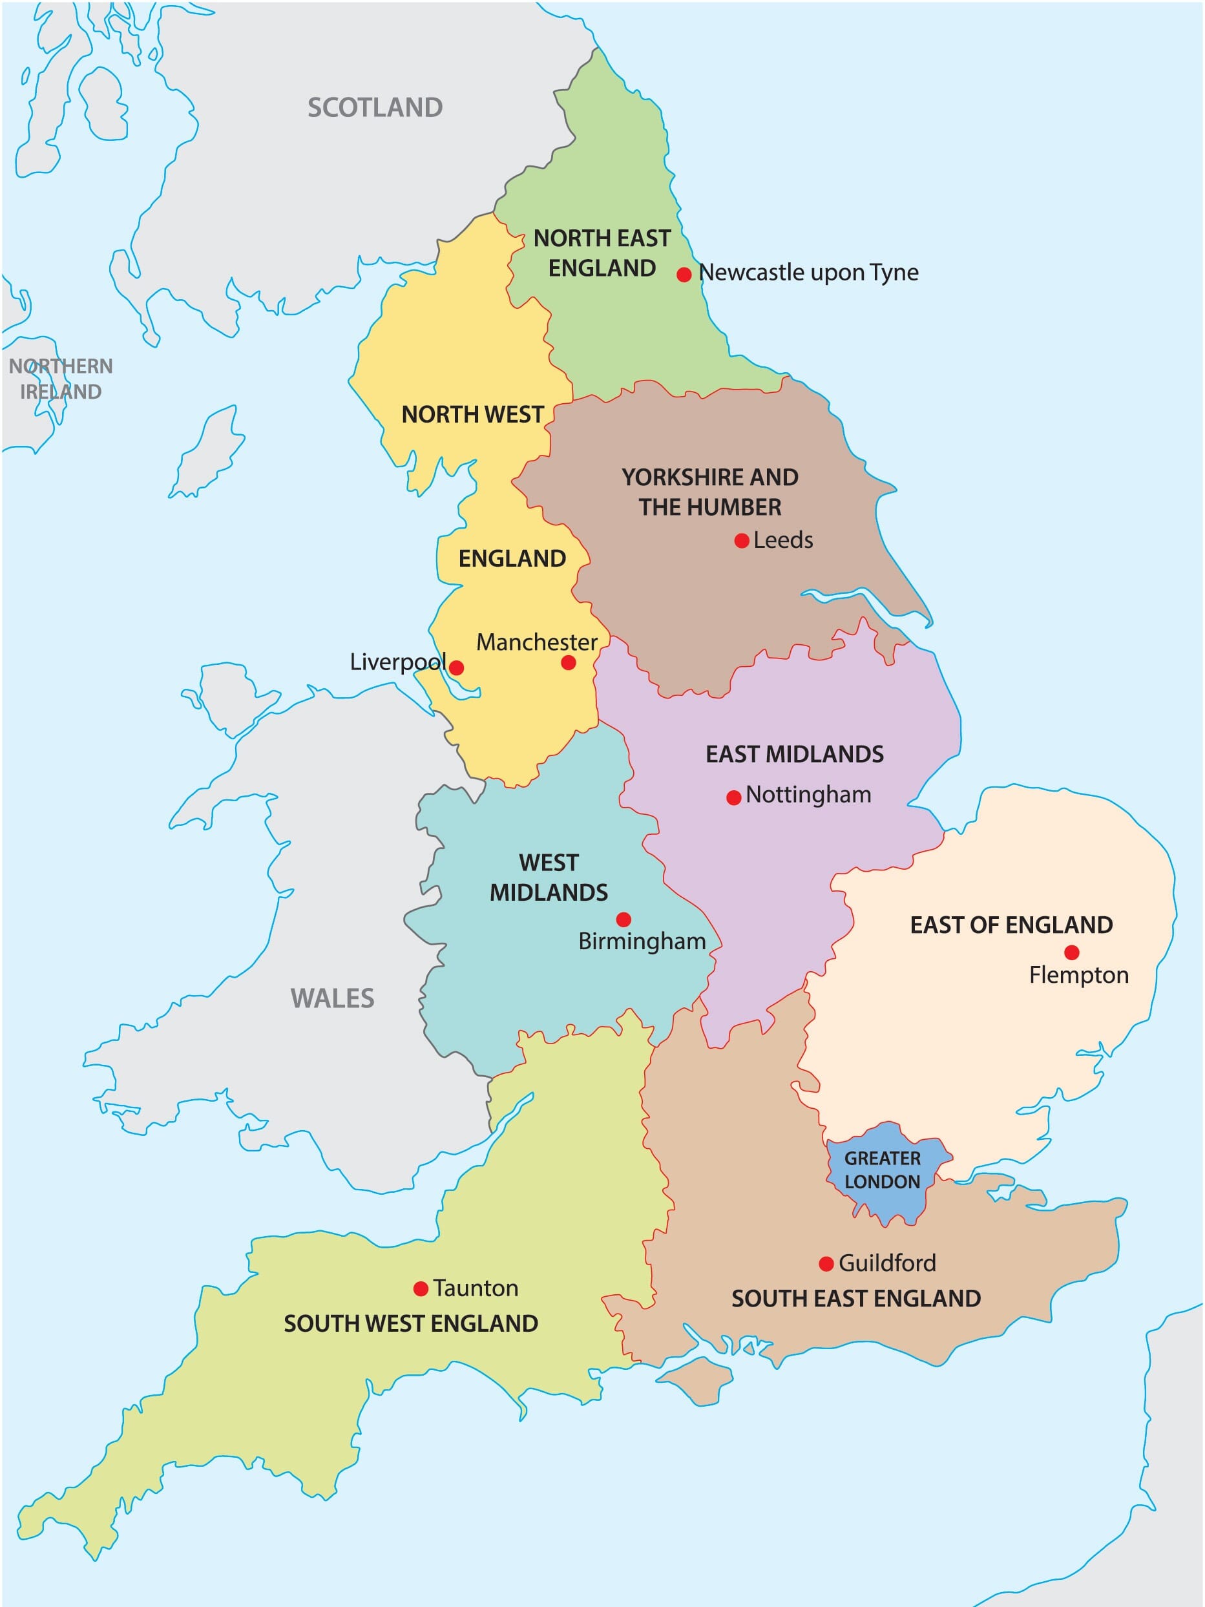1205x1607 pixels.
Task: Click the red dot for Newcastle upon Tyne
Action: coord(684,275)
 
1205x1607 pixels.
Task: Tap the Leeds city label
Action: coord(782,540)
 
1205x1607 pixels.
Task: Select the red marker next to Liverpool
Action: coord(456,667)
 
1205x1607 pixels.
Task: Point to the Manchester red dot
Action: coord(569,662)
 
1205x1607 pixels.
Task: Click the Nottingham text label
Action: coord(808,794)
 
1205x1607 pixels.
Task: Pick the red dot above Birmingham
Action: coord(623,919)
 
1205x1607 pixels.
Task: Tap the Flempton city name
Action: coord(1078,975)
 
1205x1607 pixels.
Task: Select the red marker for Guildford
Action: coord(826,1264)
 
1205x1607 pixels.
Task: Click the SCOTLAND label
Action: coord(375,107)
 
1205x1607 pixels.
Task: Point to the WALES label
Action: coord(332,998)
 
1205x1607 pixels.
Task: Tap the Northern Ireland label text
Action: coord(61,379)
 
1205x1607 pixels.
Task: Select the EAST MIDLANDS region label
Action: coord(795,754)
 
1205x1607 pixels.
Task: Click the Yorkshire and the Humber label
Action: coord(709,492)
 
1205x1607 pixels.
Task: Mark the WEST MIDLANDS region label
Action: coord(549,877)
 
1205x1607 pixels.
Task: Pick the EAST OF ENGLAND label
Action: coord(1011,925)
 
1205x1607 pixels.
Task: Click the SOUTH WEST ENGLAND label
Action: coord(410,1324)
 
